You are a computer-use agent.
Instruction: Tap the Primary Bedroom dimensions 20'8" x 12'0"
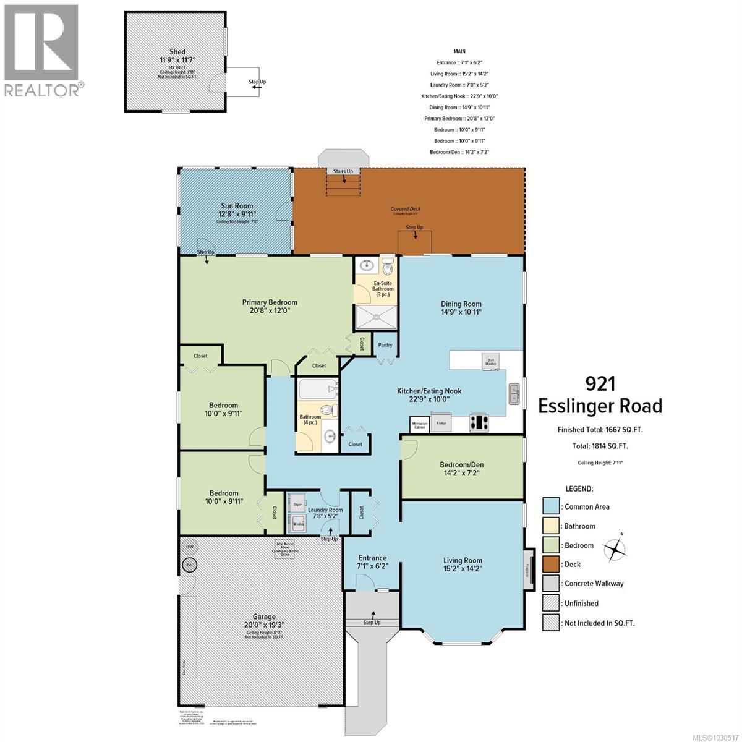[x=269, y=312]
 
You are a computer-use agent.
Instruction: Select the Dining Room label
[x=461, y=304]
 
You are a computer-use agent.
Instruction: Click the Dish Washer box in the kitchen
[x=490, y=361]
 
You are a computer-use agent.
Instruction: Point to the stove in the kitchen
[x=479, y=423]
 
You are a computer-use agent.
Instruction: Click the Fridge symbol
[x=441, y=424]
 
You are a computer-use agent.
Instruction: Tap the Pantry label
[x=385, y=345]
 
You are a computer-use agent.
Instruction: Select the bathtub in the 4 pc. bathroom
[x=318, y=391]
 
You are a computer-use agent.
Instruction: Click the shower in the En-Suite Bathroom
[x=375, y=318]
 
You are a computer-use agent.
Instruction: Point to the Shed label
[x=177, y=52]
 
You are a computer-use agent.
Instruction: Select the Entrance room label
[x=372, y=558]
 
